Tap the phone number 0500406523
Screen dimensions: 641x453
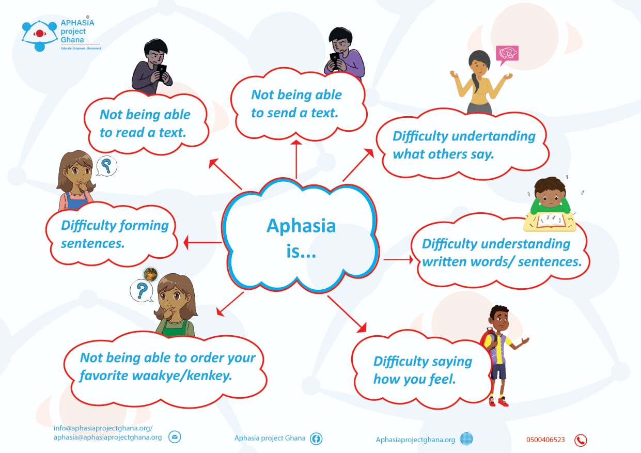(x=545, y=440)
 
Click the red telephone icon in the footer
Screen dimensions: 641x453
(x=581, y=440)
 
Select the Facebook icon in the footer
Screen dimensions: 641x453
(x=316, y=439)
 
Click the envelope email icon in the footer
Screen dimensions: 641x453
(x=175, y=437)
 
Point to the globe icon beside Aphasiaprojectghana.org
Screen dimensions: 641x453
(x=466, y=439)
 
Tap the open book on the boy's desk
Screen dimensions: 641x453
(x=551, y=221)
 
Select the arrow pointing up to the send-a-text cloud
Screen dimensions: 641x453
(x=296, y=159)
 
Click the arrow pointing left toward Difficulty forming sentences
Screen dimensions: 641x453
(x=202, y=243)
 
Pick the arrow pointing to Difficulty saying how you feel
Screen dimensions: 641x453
(x=347, y=314)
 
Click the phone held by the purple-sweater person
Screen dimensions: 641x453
(x=335, y=60)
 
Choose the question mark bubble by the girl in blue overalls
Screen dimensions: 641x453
(x=106, y=166)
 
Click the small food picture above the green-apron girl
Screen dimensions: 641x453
(x=150, y=274)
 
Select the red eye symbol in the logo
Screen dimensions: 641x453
(x=40, y=34)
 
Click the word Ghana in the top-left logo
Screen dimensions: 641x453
(x=72, y=40)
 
